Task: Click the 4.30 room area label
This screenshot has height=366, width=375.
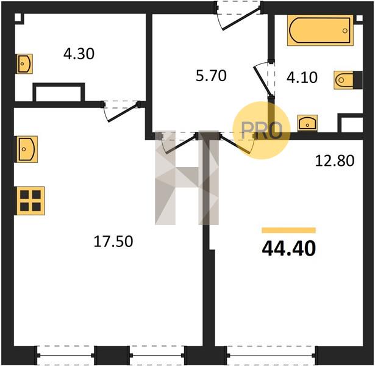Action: [x=79, y=54]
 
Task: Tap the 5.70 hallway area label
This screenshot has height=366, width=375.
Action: [x=211, y=76]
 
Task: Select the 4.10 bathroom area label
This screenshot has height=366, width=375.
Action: [x=302, y=77]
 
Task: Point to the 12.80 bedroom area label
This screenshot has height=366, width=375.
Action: [x=335, y=160]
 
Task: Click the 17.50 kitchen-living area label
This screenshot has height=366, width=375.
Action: [x=113, y=241]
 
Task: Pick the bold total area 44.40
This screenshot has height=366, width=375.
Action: [x=289, y=248]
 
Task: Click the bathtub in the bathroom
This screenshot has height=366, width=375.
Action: [x=321, y=30]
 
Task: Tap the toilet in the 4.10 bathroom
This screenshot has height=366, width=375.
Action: [x=348, y=80]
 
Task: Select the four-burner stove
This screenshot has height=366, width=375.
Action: [x=30, y=201]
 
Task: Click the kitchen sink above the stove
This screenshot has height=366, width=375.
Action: [x=27, y=149]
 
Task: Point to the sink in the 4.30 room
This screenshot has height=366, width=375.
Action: [x=24, y=63]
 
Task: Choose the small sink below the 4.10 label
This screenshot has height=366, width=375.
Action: [x=307, y=123]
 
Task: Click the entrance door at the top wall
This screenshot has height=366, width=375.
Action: [x=239, y=16]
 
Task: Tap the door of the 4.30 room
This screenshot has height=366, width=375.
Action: [x=121, y=111]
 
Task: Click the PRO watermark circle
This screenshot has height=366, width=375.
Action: [x=262, y=131]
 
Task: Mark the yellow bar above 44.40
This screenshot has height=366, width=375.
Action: [x=288, y=230]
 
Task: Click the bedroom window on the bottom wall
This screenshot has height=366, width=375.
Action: [x=271, y=356]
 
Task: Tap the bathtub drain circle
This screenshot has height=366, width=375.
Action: [x=345, y=31]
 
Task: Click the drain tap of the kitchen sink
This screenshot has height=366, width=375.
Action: [x=24, y=149]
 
